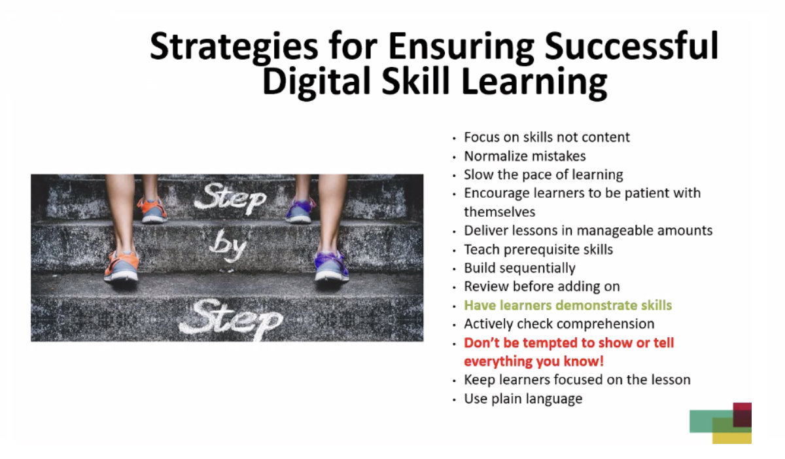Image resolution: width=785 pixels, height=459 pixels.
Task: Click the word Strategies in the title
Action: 234,47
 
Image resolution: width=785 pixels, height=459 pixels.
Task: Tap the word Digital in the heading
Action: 316,81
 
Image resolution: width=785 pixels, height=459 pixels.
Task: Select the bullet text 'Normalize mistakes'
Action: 525,156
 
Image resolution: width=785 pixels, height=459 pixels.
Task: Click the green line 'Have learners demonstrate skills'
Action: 568,305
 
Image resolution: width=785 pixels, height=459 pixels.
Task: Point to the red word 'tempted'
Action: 548,343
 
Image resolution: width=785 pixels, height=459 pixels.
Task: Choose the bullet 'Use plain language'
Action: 523,399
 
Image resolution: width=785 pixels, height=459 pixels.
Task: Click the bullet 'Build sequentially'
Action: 519,268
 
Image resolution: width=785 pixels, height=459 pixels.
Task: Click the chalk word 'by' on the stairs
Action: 228,246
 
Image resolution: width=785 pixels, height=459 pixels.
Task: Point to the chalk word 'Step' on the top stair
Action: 230,198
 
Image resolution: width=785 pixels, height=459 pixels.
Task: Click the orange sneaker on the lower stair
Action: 122,266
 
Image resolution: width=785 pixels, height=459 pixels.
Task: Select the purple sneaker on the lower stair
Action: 332,266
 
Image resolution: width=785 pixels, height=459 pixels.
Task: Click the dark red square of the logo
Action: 742,415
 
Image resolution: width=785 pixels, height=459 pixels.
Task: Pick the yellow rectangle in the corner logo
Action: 732,438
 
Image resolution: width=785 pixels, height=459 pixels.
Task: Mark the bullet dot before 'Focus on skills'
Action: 455,138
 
